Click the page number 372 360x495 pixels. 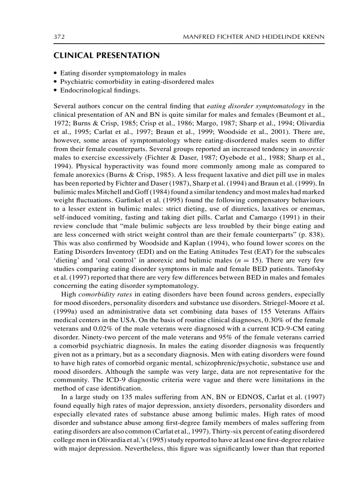(x=59, y=37)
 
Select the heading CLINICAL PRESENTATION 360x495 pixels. (x=106, y=56)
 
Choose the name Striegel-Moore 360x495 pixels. (x=288, y=302)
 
